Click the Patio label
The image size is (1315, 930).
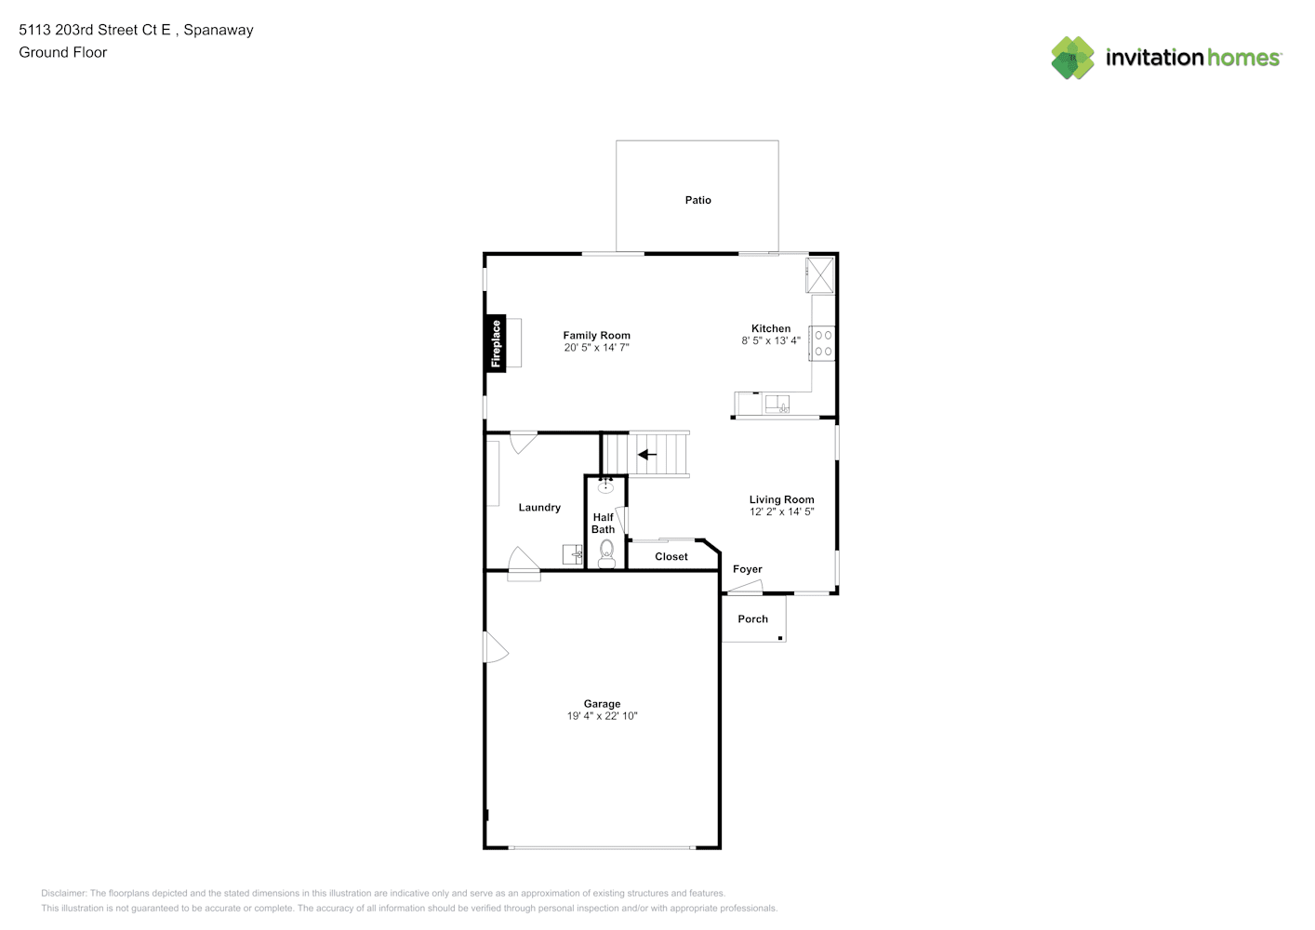(698, 200)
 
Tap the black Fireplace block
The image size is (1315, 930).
(496, 343)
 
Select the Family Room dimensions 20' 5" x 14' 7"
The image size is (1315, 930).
(596, 348)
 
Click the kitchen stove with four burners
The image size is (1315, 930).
(822, 343)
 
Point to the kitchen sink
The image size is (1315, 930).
(777, 404)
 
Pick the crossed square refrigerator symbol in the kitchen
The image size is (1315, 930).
(820, 274)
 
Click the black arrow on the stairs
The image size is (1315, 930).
(647, 455)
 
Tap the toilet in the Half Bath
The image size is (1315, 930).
(606, 554)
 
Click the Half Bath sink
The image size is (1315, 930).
(605, 486)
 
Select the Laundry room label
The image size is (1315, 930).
(539, 507)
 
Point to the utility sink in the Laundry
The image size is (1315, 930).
(572, 554)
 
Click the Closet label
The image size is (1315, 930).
(671, 556)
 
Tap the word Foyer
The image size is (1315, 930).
(748, 569)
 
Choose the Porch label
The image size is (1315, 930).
(752, 618)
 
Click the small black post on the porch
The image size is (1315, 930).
(780, 638)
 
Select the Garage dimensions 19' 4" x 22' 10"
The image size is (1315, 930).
(603, 716)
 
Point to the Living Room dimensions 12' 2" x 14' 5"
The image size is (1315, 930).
(781, 511)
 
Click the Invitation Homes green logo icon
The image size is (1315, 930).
(1072, 58)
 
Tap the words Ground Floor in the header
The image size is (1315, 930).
(63, 52)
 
